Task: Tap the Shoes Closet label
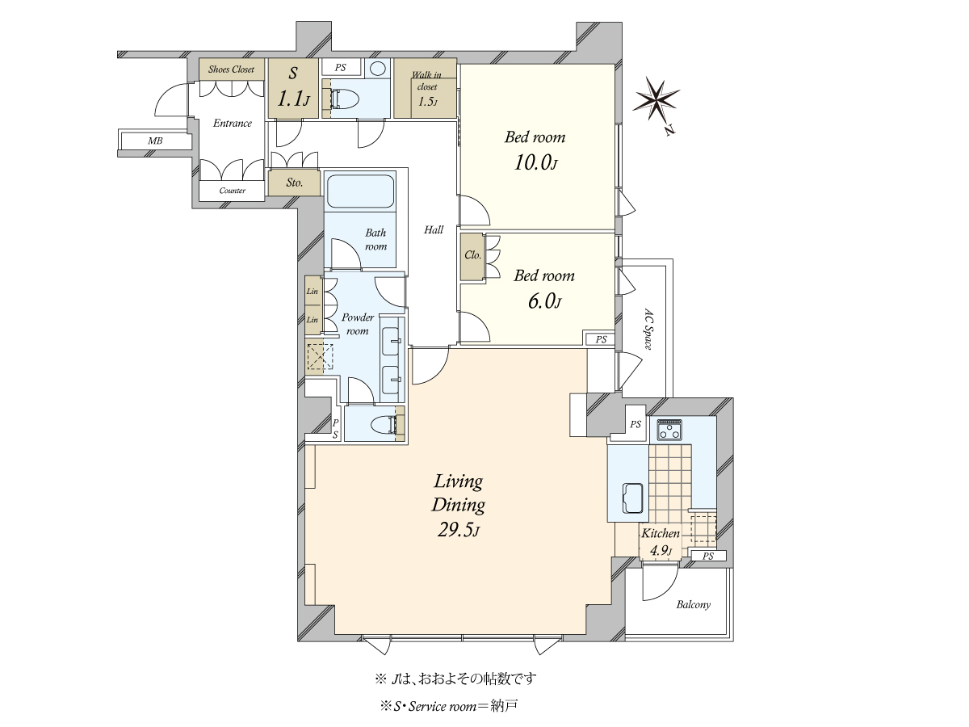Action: click(231, 69)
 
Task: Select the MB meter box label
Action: click(155, 141)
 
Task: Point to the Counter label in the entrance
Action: click(233, 191)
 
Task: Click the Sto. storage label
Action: click(295, 183)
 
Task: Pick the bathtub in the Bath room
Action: click(361, 191)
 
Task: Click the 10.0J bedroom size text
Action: click(536, 163)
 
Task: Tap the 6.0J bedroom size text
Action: click(544, 302)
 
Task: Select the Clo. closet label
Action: click(473, 255)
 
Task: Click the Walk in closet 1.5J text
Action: click(427, 88)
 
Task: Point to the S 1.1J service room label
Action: click(294, 87)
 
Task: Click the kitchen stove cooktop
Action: click(669, 430)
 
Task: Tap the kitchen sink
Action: click(632, 498)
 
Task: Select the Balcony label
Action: click(694, 605)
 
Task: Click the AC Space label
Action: click(648, 329)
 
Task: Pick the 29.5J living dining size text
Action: click(459, 530)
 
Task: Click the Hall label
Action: click(434, 229)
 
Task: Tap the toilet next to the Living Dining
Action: click(385, 425)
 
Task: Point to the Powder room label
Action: click(358, 324)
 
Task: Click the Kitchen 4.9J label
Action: click(661, 541)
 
